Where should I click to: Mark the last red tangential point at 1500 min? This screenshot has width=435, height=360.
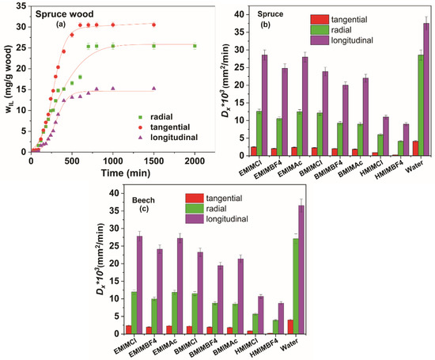pos(153,25)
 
